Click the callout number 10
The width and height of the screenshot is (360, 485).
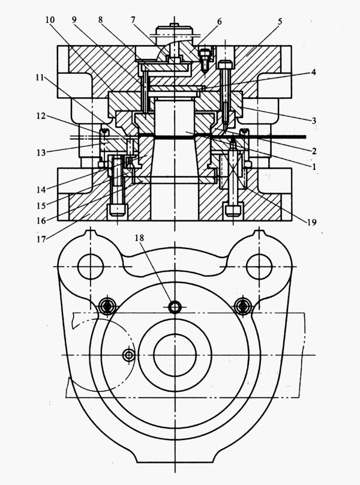[50, 20]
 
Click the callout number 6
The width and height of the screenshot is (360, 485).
[219, 22]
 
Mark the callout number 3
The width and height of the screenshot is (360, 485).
[314, 121]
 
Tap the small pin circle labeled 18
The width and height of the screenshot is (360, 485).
[175, 307]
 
